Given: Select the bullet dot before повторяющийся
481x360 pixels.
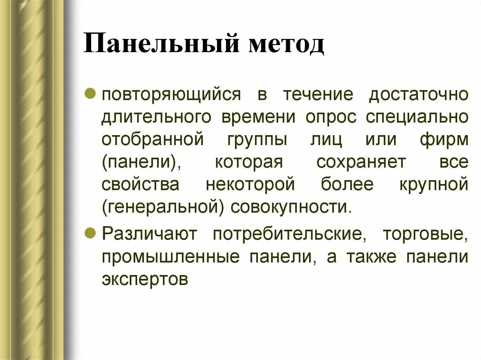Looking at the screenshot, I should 93,92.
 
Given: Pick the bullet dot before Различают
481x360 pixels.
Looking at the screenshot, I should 93,231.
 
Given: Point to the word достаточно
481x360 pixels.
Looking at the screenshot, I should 418,93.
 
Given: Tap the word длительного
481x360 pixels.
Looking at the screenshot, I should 155,116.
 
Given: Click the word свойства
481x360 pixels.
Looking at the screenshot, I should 140,184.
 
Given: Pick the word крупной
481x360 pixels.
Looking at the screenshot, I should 434,184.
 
